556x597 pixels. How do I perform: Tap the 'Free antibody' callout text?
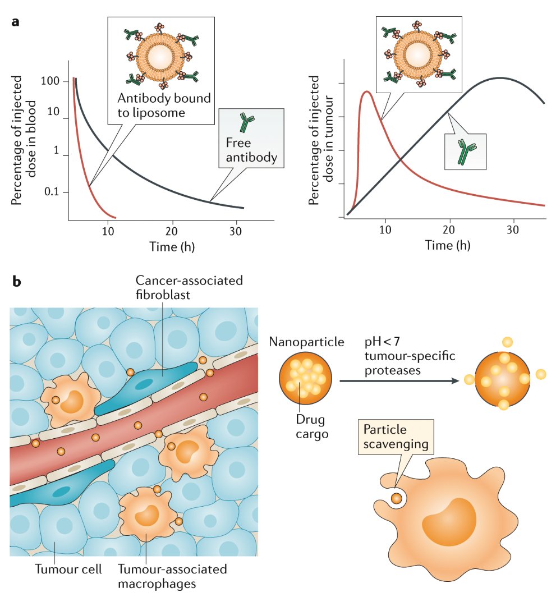(252, 150)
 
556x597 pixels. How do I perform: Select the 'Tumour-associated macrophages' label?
(172, 576)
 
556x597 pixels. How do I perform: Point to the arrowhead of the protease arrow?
(454, 380)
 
